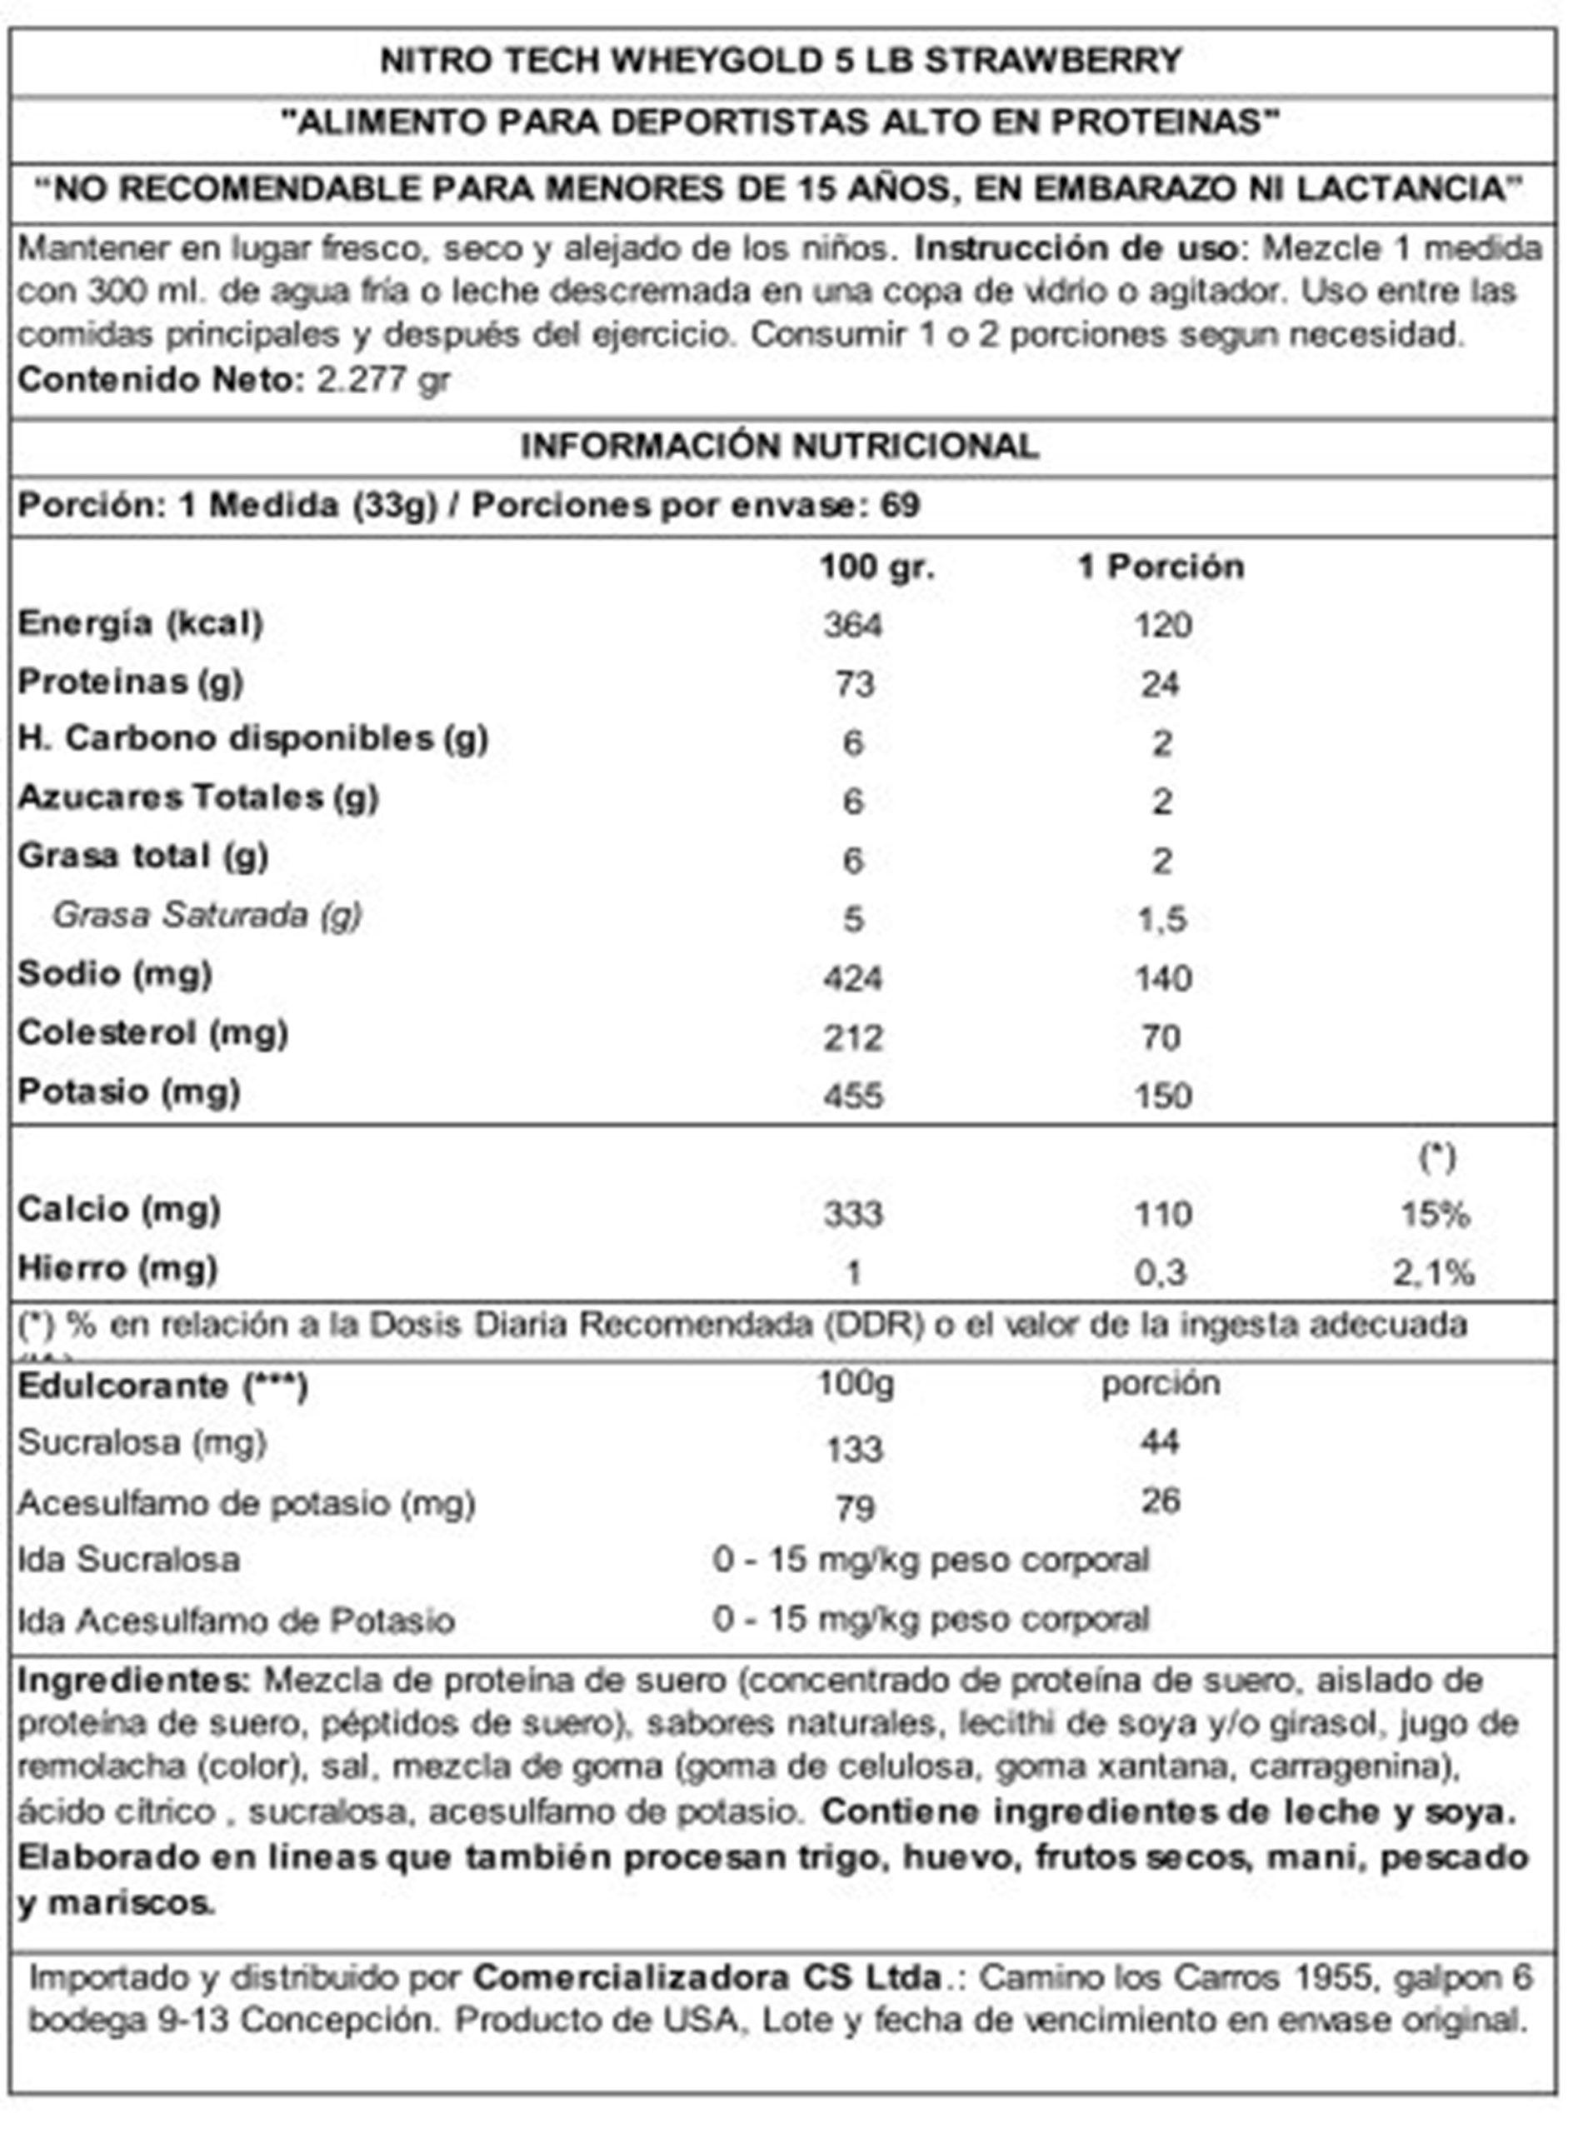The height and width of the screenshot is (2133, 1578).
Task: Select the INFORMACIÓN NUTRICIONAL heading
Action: point(780,446)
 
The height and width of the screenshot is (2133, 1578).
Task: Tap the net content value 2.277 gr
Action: point(382,380)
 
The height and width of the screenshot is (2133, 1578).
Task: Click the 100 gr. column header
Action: point(876,567)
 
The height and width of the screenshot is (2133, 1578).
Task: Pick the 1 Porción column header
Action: point(1161,567)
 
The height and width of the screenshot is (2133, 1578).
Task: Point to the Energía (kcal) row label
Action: point(141,624)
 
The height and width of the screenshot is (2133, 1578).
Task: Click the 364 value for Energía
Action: point(853,626)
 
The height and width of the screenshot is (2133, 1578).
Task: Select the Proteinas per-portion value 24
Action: point(1160,684)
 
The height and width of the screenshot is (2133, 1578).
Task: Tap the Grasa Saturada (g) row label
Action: point(207,915)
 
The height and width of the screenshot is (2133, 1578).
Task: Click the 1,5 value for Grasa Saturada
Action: point(1161,919)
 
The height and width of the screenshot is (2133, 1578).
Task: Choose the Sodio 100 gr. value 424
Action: point(853,978)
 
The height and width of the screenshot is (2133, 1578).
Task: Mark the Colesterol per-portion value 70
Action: point(1161,1037)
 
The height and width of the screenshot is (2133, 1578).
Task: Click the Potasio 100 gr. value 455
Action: point(853,1096)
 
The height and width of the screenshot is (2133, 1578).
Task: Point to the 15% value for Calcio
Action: point(1435,1214)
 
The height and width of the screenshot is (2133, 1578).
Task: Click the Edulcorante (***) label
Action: point(162,1386)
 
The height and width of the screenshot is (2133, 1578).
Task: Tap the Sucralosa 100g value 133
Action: point(854,1449)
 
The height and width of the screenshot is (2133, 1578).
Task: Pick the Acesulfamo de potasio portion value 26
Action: point(1161,1501)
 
